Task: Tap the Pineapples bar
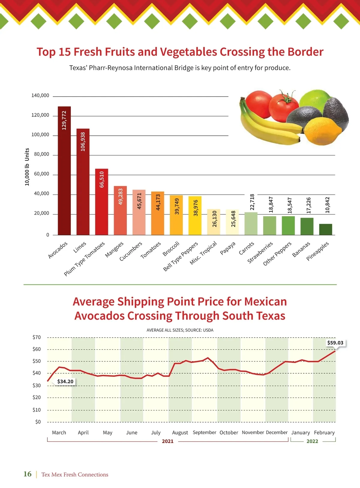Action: click(325, 229)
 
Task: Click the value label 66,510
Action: click(102, 179)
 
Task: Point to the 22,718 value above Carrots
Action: click(252, 202)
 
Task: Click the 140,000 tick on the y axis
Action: click(40, 95)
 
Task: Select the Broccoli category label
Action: click(171, 249)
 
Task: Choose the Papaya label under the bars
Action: click(228, 248)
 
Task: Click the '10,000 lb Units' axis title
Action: click(27, 167)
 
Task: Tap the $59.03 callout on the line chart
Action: click(335, 343)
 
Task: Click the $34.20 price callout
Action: click(65, 381)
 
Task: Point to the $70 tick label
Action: click(37, 337)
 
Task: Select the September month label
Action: click(204, 432)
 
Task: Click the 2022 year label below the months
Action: click(312, 441)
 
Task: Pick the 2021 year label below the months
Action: click(168, 441)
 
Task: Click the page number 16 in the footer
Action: click(27, 474)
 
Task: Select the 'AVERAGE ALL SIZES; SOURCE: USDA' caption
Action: click(180, 330)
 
